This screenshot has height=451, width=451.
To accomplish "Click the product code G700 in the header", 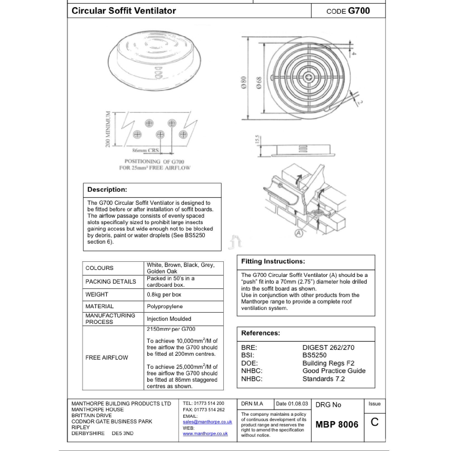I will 359,11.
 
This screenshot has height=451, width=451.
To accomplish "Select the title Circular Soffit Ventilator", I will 124,11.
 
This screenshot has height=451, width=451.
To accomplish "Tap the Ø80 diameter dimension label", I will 244,82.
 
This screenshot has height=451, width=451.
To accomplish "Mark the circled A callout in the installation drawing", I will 299,233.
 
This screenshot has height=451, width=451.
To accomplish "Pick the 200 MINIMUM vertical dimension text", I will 108,129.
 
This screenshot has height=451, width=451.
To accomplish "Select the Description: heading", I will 107,189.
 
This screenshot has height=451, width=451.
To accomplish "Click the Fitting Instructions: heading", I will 273,262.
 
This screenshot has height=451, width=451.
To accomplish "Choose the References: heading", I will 260,333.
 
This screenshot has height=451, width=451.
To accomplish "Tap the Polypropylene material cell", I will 165,307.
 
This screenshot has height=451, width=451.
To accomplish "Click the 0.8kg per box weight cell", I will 164,295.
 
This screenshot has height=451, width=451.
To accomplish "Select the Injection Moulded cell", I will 169,319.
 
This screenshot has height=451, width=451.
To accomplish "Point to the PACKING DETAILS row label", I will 111,282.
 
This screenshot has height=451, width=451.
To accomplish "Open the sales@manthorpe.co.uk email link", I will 207,422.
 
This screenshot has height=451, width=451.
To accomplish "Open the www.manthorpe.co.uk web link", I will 205,434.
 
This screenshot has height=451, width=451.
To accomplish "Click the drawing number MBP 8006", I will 337,424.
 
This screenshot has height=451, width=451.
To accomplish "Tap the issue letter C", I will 374,422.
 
